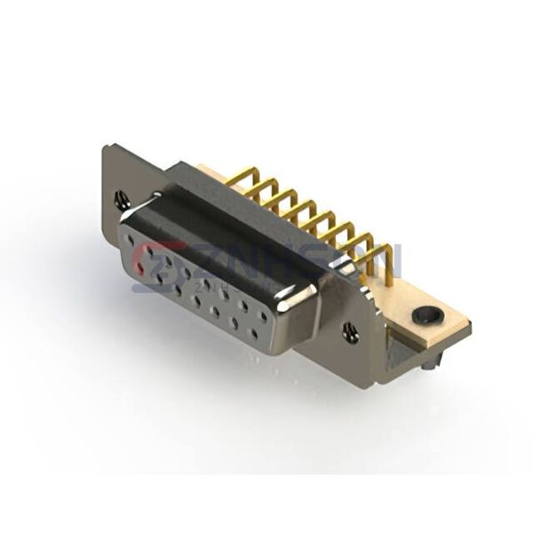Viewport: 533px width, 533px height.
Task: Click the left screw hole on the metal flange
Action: (123, 201)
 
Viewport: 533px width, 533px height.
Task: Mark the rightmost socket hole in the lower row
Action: (254, 334)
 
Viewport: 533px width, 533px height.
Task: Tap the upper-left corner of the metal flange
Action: (107, 147)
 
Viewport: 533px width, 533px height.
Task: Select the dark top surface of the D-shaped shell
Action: (231, 213)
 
